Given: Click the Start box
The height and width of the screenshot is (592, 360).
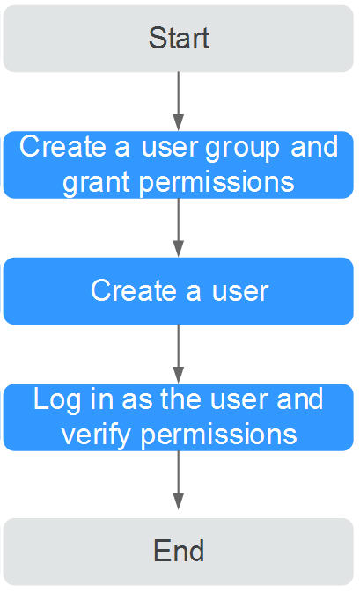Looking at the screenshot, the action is tap(179, 39).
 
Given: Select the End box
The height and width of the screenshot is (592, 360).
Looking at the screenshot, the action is tap(179, 552).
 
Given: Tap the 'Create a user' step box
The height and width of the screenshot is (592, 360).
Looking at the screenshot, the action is tap(179, 291).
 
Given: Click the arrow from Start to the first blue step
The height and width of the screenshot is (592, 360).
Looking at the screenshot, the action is tap(179, 101).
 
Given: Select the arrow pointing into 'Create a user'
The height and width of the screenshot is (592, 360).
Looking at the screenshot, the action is tap(179, 228).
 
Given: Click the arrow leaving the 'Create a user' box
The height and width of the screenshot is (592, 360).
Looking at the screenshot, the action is tap(179, 354).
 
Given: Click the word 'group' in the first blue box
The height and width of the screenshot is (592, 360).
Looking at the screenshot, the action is tap(243, 150).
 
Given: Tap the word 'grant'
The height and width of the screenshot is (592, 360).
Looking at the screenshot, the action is tap(97, 183).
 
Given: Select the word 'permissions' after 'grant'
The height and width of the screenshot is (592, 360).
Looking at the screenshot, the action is tap(217, 183).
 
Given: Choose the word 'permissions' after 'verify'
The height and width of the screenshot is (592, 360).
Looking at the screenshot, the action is tap(219, 435).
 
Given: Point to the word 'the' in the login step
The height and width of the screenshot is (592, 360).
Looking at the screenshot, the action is tap(181, 399).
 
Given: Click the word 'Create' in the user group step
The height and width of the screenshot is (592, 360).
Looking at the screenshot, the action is tap(63, 147).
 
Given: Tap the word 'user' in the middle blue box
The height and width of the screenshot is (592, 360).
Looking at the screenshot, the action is tap(240, 292).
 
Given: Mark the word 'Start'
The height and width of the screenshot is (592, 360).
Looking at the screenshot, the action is tap(179, 38).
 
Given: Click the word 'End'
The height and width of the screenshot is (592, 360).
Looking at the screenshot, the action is tap(179, 551).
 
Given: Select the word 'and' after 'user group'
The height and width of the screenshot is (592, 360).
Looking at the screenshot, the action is tap(314, 147).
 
